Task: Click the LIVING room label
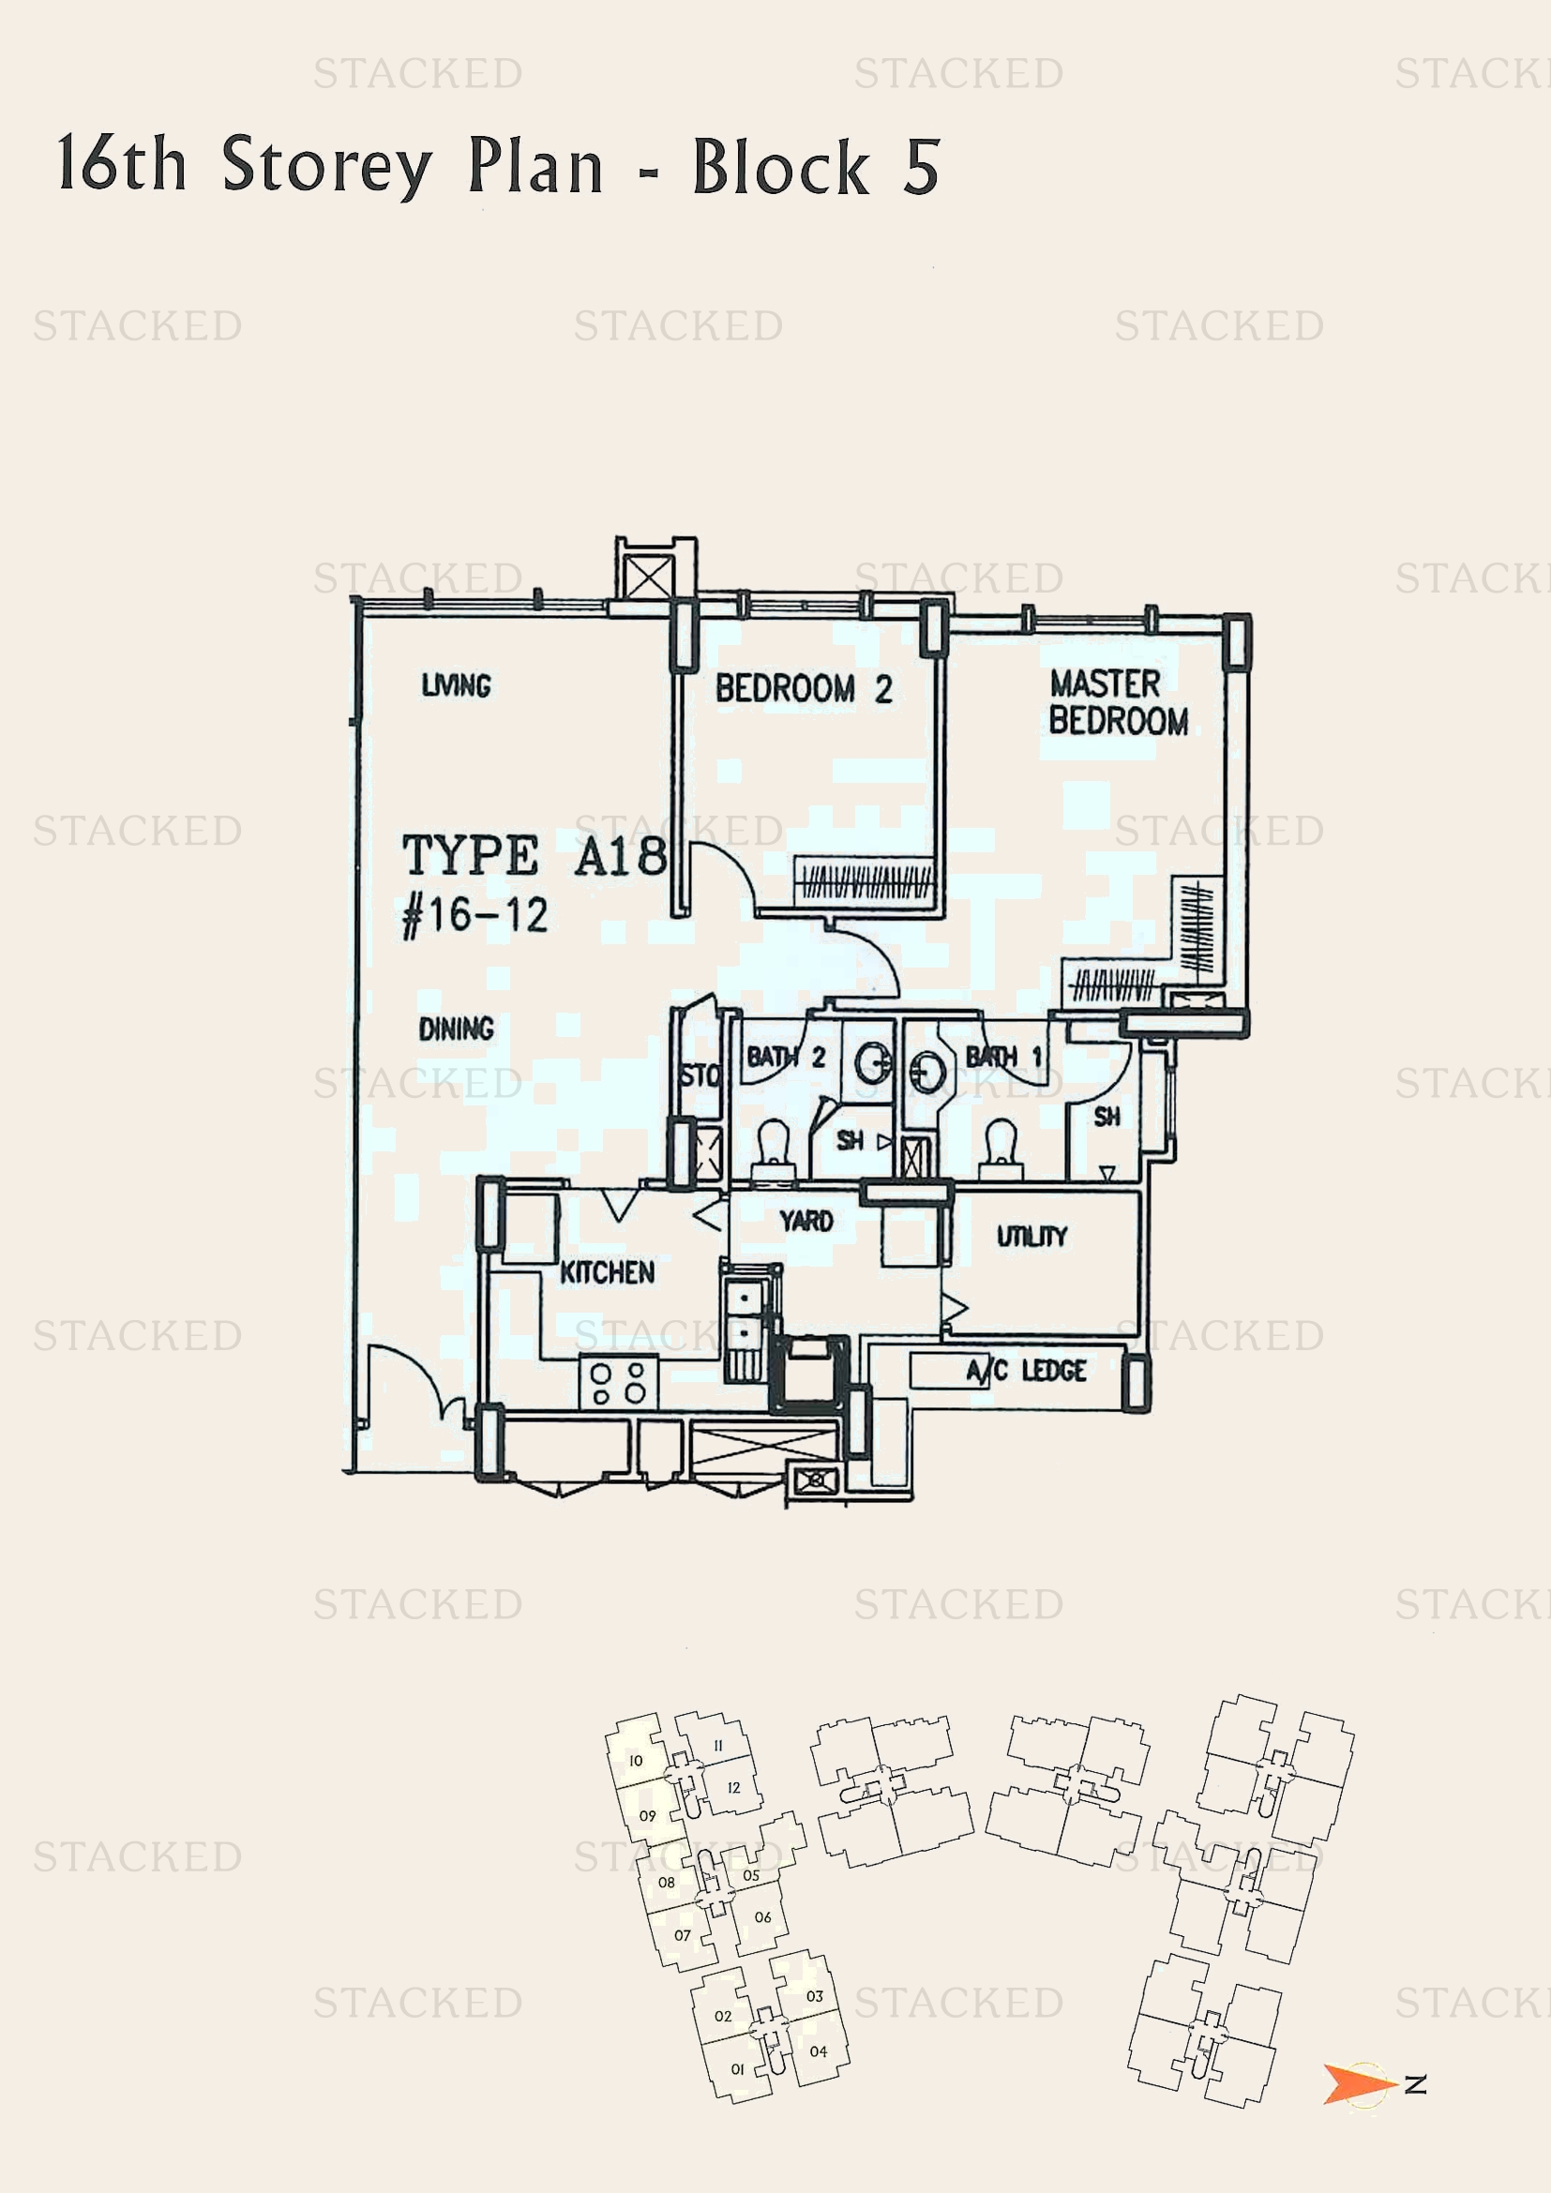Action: tap(456, 684)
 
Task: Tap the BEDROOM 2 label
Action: tap(804, 689)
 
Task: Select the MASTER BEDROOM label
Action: tap(1118, 702)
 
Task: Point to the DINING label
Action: tap(456, 1029)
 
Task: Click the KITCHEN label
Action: tap(607, 1272)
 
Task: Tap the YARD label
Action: tap(806, 1221)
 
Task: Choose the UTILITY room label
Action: tap(1031, 1236)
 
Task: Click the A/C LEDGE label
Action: tap(1026, 1372)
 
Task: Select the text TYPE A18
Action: tap(534, 855)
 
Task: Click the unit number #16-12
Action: tap(474, 916)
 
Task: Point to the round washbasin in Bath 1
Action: tap(927, 1072)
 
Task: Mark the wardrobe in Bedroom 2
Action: tap(865, 879)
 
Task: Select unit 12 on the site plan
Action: tap(732, 1788)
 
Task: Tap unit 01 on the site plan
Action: tap(737, 2069)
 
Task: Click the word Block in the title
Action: tap(780, 167)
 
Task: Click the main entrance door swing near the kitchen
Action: tap(406, 1381)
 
